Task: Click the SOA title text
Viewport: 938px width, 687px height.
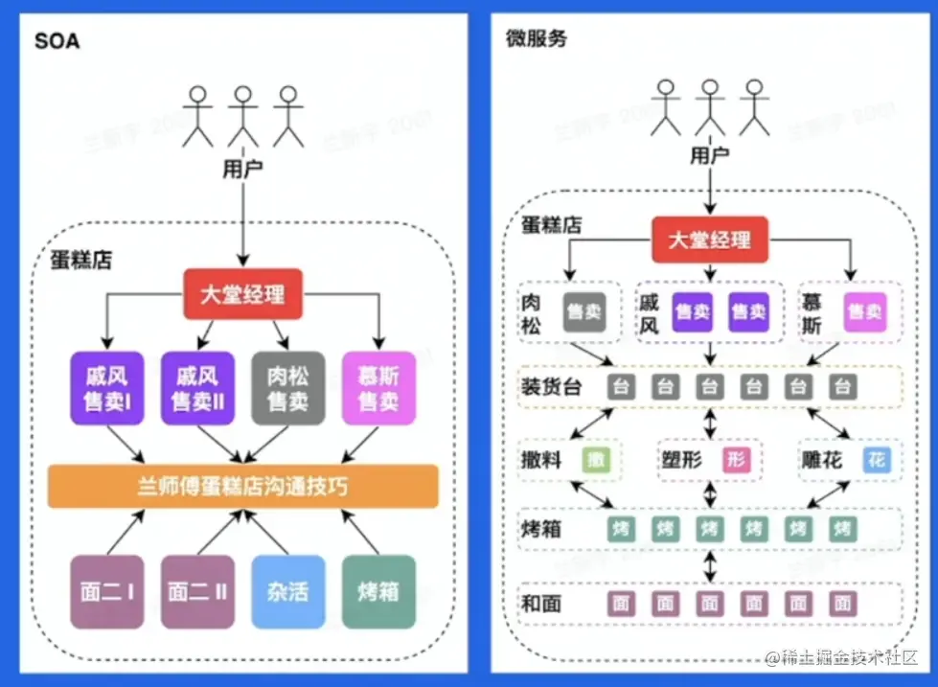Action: pyautogui.click(x=57, y=41)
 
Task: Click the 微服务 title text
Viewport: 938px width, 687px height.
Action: pyautogui.click(x=537, y=38)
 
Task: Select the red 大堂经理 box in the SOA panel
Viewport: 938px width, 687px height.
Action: pyautogui.click(x=242, y=295)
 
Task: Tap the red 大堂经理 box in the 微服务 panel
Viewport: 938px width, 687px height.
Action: pyautogui.click(x=709, y=240)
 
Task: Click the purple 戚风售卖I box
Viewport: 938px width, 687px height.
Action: pyautogui.click(x=105, y=388)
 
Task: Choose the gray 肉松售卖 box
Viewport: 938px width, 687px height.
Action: pyautogui.click(x=288, y=388)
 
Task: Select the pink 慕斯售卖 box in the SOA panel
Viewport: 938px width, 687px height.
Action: pyautogui.click(x=378, y=388)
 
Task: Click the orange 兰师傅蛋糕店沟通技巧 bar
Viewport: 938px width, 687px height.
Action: pyautogui.click(x=242, y=487)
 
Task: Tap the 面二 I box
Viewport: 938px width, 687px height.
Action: pyautogui.click(x=105, y=592)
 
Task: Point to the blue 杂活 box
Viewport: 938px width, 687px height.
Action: pyautogui.click(x=287, y=592)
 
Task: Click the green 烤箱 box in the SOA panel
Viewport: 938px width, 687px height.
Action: pyautogui.click(x=378, y=592)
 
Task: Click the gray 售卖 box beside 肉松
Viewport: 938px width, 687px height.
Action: pyautogui.click(x=583, y=312)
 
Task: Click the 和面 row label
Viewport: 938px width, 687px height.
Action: pyautogui.click(x=541, y=604)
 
